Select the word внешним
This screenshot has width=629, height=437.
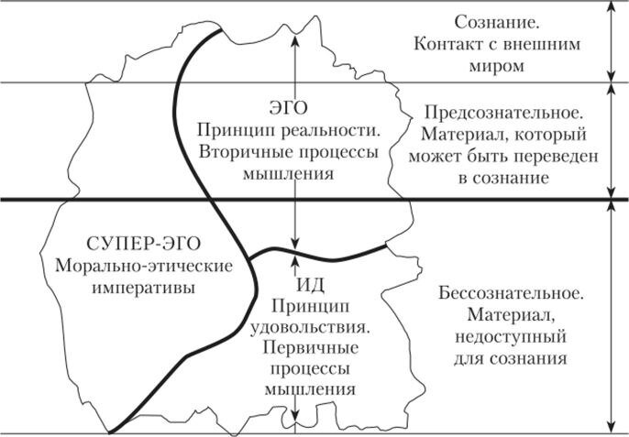[x=542, y=44]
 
